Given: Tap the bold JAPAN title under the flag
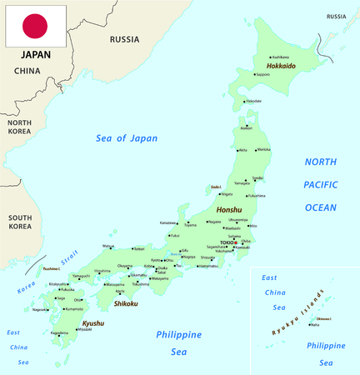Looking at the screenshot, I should [x=29, y=55].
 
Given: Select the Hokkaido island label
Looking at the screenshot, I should [x=281, y=66].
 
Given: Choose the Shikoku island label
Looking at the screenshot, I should [x=127, y=303].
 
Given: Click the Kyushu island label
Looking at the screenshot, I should [x=93, y=322].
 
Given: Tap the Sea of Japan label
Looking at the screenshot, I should [x=127, y=137].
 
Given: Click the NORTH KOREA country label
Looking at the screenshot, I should [x=19, y=127].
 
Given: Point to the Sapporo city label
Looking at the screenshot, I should [x=262, y=75].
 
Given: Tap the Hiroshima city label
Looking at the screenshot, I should [x=102, y=271].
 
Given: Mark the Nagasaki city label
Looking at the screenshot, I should [x=40, y=309].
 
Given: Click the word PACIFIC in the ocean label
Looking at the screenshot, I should [x=320, y=184].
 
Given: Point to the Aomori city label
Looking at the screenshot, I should [x=246, y=128].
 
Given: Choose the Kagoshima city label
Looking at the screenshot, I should [x=59, y=332].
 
